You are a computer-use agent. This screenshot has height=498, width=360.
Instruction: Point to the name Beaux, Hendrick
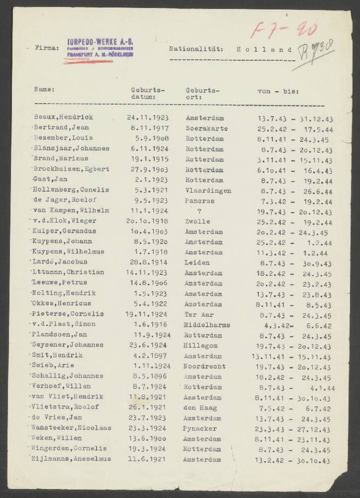[63, 118]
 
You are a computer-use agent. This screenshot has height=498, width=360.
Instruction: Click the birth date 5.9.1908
[148, 138]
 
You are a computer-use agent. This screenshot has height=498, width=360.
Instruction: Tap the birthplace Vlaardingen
[208, 190]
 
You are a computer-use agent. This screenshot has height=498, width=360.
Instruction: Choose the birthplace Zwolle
[198, 221]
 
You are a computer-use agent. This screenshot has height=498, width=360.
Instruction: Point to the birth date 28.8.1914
[148, 262]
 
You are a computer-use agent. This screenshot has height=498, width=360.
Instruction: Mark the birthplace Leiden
[197, 262]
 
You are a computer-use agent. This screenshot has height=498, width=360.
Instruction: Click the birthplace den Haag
[201, 407]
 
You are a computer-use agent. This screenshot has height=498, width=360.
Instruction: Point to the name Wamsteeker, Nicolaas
[70, 428]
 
